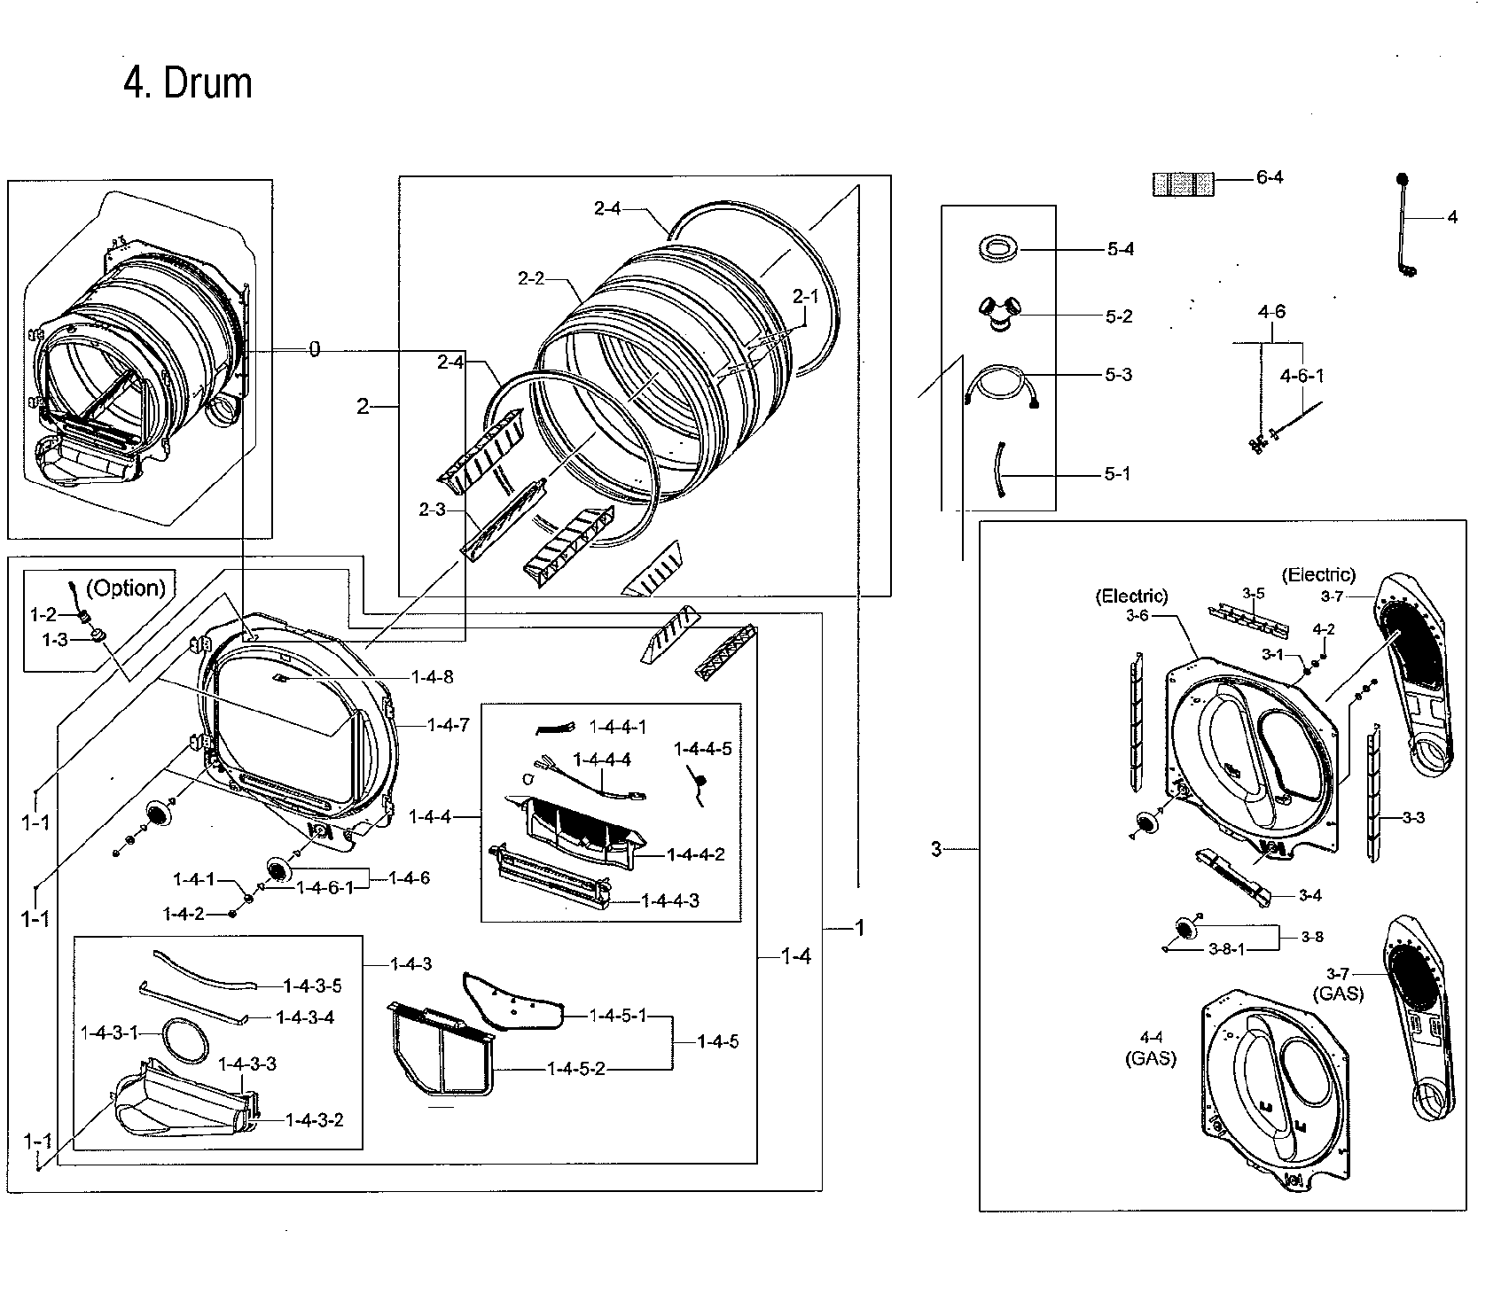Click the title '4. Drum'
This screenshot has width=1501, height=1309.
pos(188,84)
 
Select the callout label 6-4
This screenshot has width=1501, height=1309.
pos(1270,177)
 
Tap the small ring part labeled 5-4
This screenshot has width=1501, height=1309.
pos(998,248)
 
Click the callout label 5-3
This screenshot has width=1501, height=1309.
pos(1119,375)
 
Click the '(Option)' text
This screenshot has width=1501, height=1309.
pos(129,588)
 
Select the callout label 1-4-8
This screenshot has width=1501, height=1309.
pos(432,677)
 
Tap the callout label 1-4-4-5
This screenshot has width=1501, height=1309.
pos(703,749)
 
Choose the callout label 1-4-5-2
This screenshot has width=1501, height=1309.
pos(575,1069)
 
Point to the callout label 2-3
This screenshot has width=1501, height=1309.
pos(432,510)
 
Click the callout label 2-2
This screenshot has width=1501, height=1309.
pos(531,278)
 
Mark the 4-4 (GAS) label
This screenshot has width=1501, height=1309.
pos(1151,1047)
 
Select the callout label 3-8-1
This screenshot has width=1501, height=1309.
pos(1227,948)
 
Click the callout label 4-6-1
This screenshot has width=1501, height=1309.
pos(1302,376)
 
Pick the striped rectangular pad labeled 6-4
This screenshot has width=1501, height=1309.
pos(1182,184)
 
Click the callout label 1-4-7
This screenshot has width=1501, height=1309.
pos(448,725)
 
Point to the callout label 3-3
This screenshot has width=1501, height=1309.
pos(1413,817)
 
